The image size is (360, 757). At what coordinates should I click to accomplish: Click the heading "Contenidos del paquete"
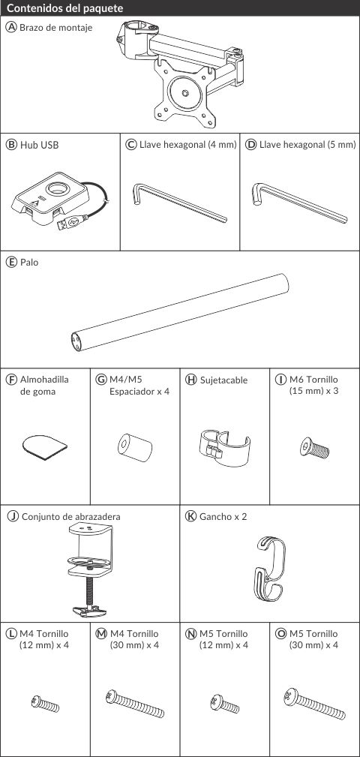[x=66, y=9]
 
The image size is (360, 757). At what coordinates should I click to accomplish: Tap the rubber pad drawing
[x=45, y=446]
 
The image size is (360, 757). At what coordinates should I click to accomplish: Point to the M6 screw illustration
[x=314, y=448]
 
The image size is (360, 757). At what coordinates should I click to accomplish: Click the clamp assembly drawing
[x=90, y=569]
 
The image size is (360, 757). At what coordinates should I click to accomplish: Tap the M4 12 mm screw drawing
[x=45, y=703]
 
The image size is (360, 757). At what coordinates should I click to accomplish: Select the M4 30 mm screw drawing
[x=135, y=704]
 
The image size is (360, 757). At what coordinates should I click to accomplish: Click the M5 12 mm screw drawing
[x=225, y=704]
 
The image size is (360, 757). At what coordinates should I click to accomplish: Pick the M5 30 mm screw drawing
[x=315, y=704]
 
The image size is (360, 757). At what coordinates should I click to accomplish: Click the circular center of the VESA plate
[x=185, y=92]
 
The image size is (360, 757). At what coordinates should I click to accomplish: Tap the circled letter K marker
[x=190, y=516]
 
